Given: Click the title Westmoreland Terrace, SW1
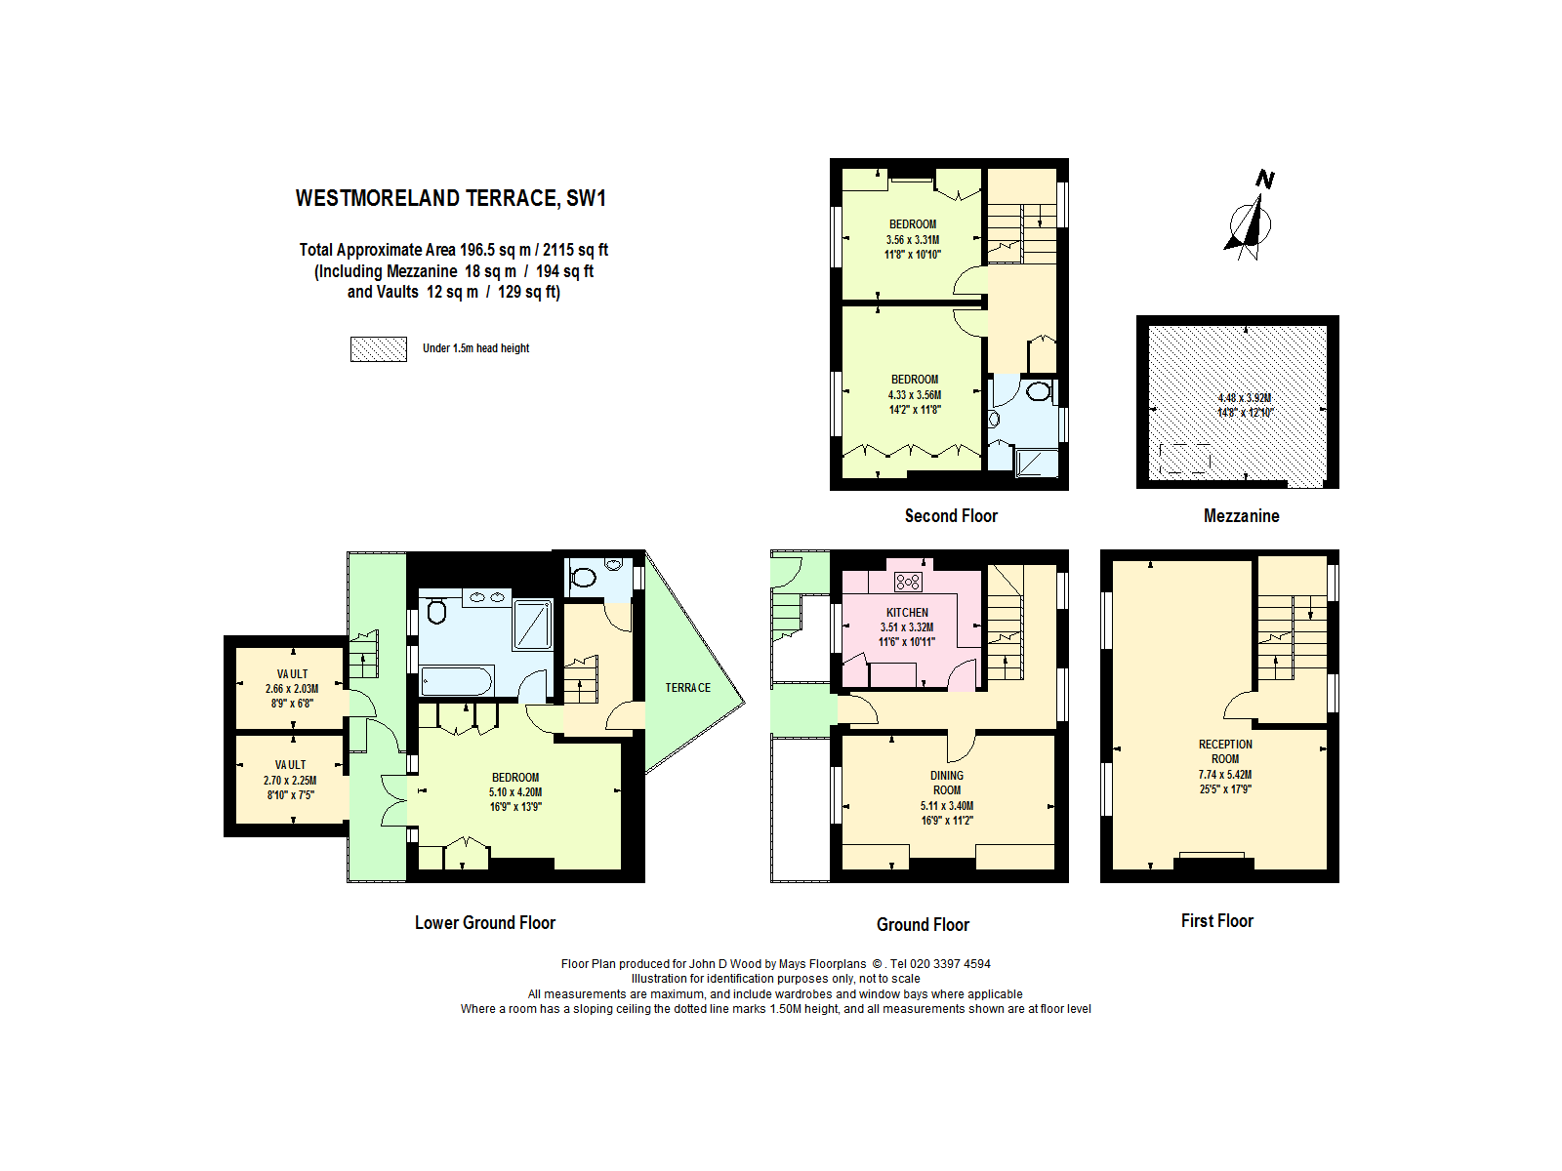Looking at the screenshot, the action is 450,198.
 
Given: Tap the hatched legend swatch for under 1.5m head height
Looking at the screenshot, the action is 379,349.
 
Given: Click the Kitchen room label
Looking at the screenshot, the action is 907,612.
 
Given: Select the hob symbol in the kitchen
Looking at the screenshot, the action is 908,583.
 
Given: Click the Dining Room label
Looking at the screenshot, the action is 946,783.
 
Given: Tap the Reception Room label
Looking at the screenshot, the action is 1224,751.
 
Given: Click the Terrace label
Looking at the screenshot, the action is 687,688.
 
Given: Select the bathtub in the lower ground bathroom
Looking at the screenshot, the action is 456,681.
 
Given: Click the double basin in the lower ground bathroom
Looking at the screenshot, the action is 487,597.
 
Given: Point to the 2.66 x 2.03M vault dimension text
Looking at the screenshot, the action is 292,688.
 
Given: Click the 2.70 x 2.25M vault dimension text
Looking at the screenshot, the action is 290,780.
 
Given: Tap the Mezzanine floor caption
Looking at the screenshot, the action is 1241,515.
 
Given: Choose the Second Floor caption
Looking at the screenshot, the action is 951,515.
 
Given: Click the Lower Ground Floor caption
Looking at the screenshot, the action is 484,922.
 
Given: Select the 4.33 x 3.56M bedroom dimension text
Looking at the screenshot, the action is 915,394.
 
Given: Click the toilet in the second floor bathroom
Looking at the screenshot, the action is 1039,391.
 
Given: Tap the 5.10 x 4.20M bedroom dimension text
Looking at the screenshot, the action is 515,792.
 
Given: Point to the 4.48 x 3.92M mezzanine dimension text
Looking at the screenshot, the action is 1244,398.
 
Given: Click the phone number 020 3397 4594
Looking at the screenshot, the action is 949,963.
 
